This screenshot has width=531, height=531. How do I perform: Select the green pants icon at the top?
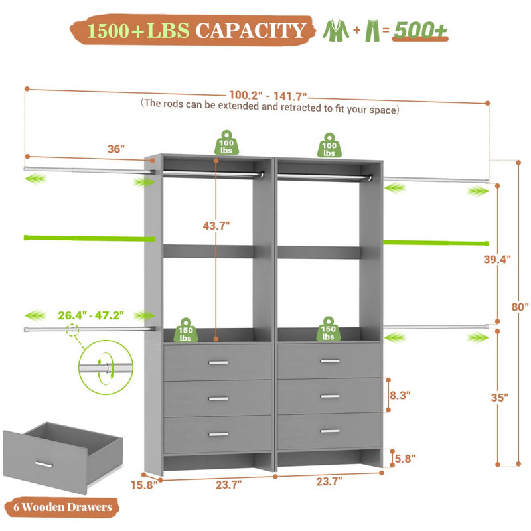tap(373, 30)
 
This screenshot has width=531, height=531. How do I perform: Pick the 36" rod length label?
tap(117, 149)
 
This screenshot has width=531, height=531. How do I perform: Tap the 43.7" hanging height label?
tap(216, 225)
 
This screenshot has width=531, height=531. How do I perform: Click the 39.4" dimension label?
tap(496, 260)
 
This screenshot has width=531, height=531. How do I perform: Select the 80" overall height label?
tap(519, 307)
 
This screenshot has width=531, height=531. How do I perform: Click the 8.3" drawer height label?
tap(398, 394)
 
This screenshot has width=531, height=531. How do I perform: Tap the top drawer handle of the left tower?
tap(217, 362)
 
